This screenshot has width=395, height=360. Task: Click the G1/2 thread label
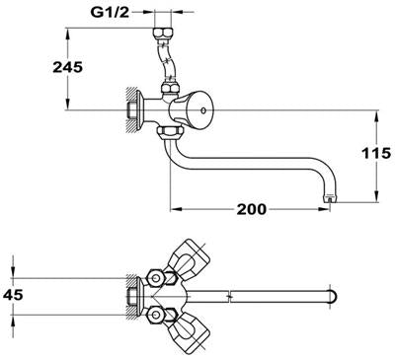click(110, 13)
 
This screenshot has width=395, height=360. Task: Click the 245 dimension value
click(68, 67)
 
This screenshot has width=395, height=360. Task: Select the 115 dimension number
click(376, 153)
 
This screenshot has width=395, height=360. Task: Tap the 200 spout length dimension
click(252, 209)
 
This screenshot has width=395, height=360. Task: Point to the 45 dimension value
click(13, 295)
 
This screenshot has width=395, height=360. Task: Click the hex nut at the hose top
click(163, 34)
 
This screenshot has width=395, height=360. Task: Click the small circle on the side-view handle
click(203, 110)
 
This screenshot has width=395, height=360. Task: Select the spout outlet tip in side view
click(330, 198)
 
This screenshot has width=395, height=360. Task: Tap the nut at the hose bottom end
click(170, 89)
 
